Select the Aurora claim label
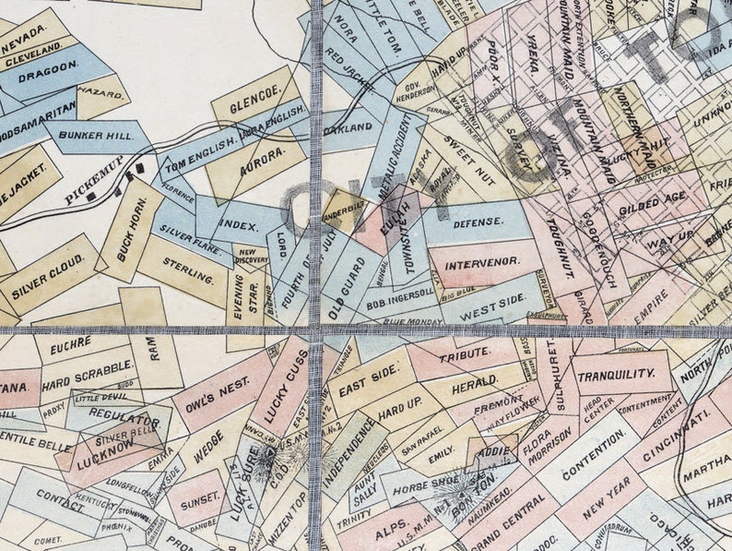tap(260, 160)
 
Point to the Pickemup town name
tap(94, 187)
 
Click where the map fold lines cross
tap(316, 328)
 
